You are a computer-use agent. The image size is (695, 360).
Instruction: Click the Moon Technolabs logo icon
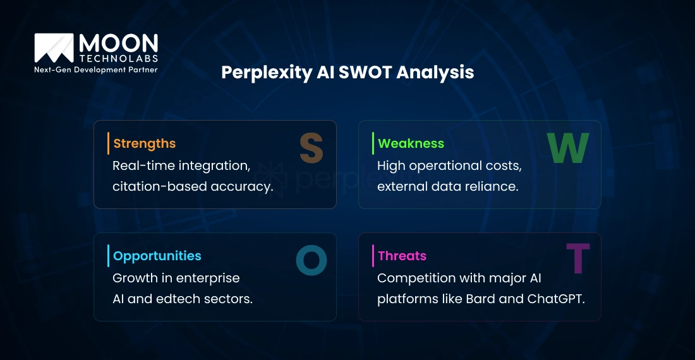point(54,48)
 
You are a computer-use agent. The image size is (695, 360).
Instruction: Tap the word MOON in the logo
point(118,44)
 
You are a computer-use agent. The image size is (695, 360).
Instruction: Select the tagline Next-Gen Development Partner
point(96,69)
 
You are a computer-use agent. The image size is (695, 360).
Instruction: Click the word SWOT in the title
point(365,72)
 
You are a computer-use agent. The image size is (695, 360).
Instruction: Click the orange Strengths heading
point(145,143)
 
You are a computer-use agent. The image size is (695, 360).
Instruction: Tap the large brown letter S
point(311,148)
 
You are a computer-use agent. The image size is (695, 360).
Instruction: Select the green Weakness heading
point(411,143)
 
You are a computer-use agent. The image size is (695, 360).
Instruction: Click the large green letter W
point(568,148)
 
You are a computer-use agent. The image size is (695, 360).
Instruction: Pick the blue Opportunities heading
point(157,256)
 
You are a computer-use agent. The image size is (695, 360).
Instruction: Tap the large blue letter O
point(311,260)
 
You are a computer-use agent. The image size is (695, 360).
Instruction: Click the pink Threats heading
point(402,256)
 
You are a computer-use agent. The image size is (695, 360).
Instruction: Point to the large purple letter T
point(578,258)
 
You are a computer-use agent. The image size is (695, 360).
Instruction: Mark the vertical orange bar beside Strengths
point(108,143)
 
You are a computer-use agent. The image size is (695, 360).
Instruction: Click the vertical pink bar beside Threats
point(373,256)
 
